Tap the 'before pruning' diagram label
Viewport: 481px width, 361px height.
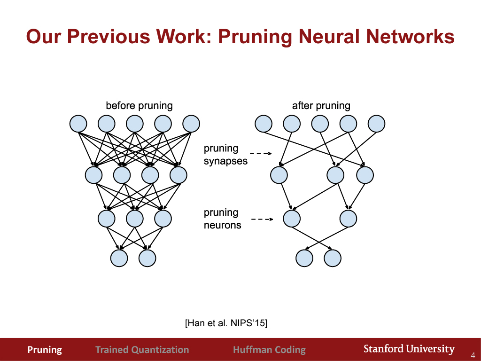pos(139,105)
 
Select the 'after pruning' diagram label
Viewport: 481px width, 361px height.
pos(321,105)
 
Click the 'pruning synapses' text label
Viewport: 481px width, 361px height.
pos(225,155)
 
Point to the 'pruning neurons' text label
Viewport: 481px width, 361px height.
pos(222,219)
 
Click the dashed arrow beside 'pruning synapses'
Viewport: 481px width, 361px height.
pos(261,154)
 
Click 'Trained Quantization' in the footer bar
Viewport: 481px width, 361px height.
pos(142,350)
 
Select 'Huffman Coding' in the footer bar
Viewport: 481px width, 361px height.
pos(269,350)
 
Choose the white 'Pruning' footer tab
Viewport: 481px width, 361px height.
pos(45,350)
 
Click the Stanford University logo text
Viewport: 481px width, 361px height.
pos(409,349)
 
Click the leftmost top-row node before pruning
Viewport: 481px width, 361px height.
pos(78,124)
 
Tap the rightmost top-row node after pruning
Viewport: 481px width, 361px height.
pos(376,124)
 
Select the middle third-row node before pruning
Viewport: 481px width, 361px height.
pos(134,219)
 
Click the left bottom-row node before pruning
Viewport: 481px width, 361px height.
pos(119,258)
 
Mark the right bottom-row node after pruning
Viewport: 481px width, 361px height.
pos(333,258)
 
